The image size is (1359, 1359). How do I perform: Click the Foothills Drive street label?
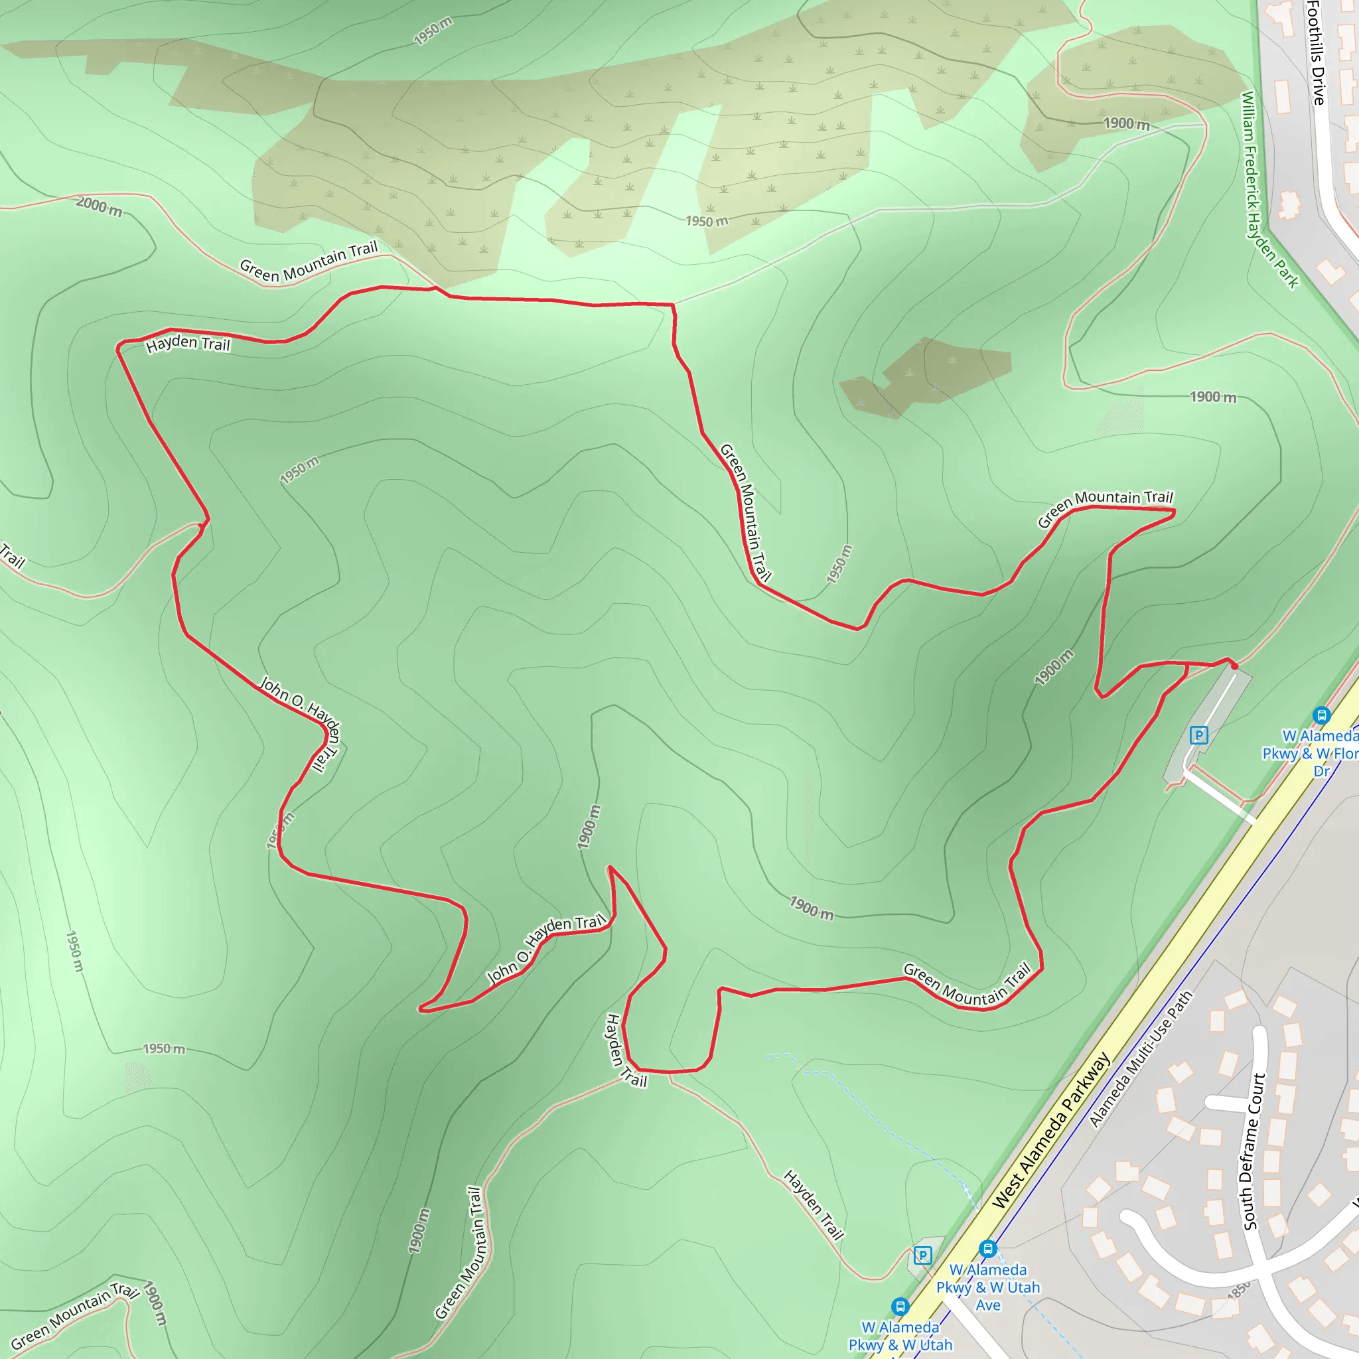click(1316, 53)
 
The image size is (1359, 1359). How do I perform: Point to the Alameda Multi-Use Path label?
click(1140, 1058)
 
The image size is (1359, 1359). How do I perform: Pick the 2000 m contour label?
click(99, 207)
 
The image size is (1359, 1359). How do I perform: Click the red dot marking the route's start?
click(1234, 666)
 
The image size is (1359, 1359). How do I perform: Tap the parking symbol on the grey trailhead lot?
click(1198, 736)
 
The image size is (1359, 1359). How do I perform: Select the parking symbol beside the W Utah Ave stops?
click(922, 1255)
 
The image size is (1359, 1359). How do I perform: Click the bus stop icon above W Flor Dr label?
click(1321, 715)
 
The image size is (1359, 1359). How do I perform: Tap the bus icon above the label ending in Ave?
click(987, 1250)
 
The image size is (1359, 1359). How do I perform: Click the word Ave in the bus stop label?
click(987, 1305)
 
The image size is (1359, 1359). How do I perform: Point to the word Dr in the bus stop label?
click(1322, 771)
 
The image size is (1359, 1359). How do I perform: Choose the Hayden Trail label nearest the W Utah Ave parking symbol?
click(813, 1204)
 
